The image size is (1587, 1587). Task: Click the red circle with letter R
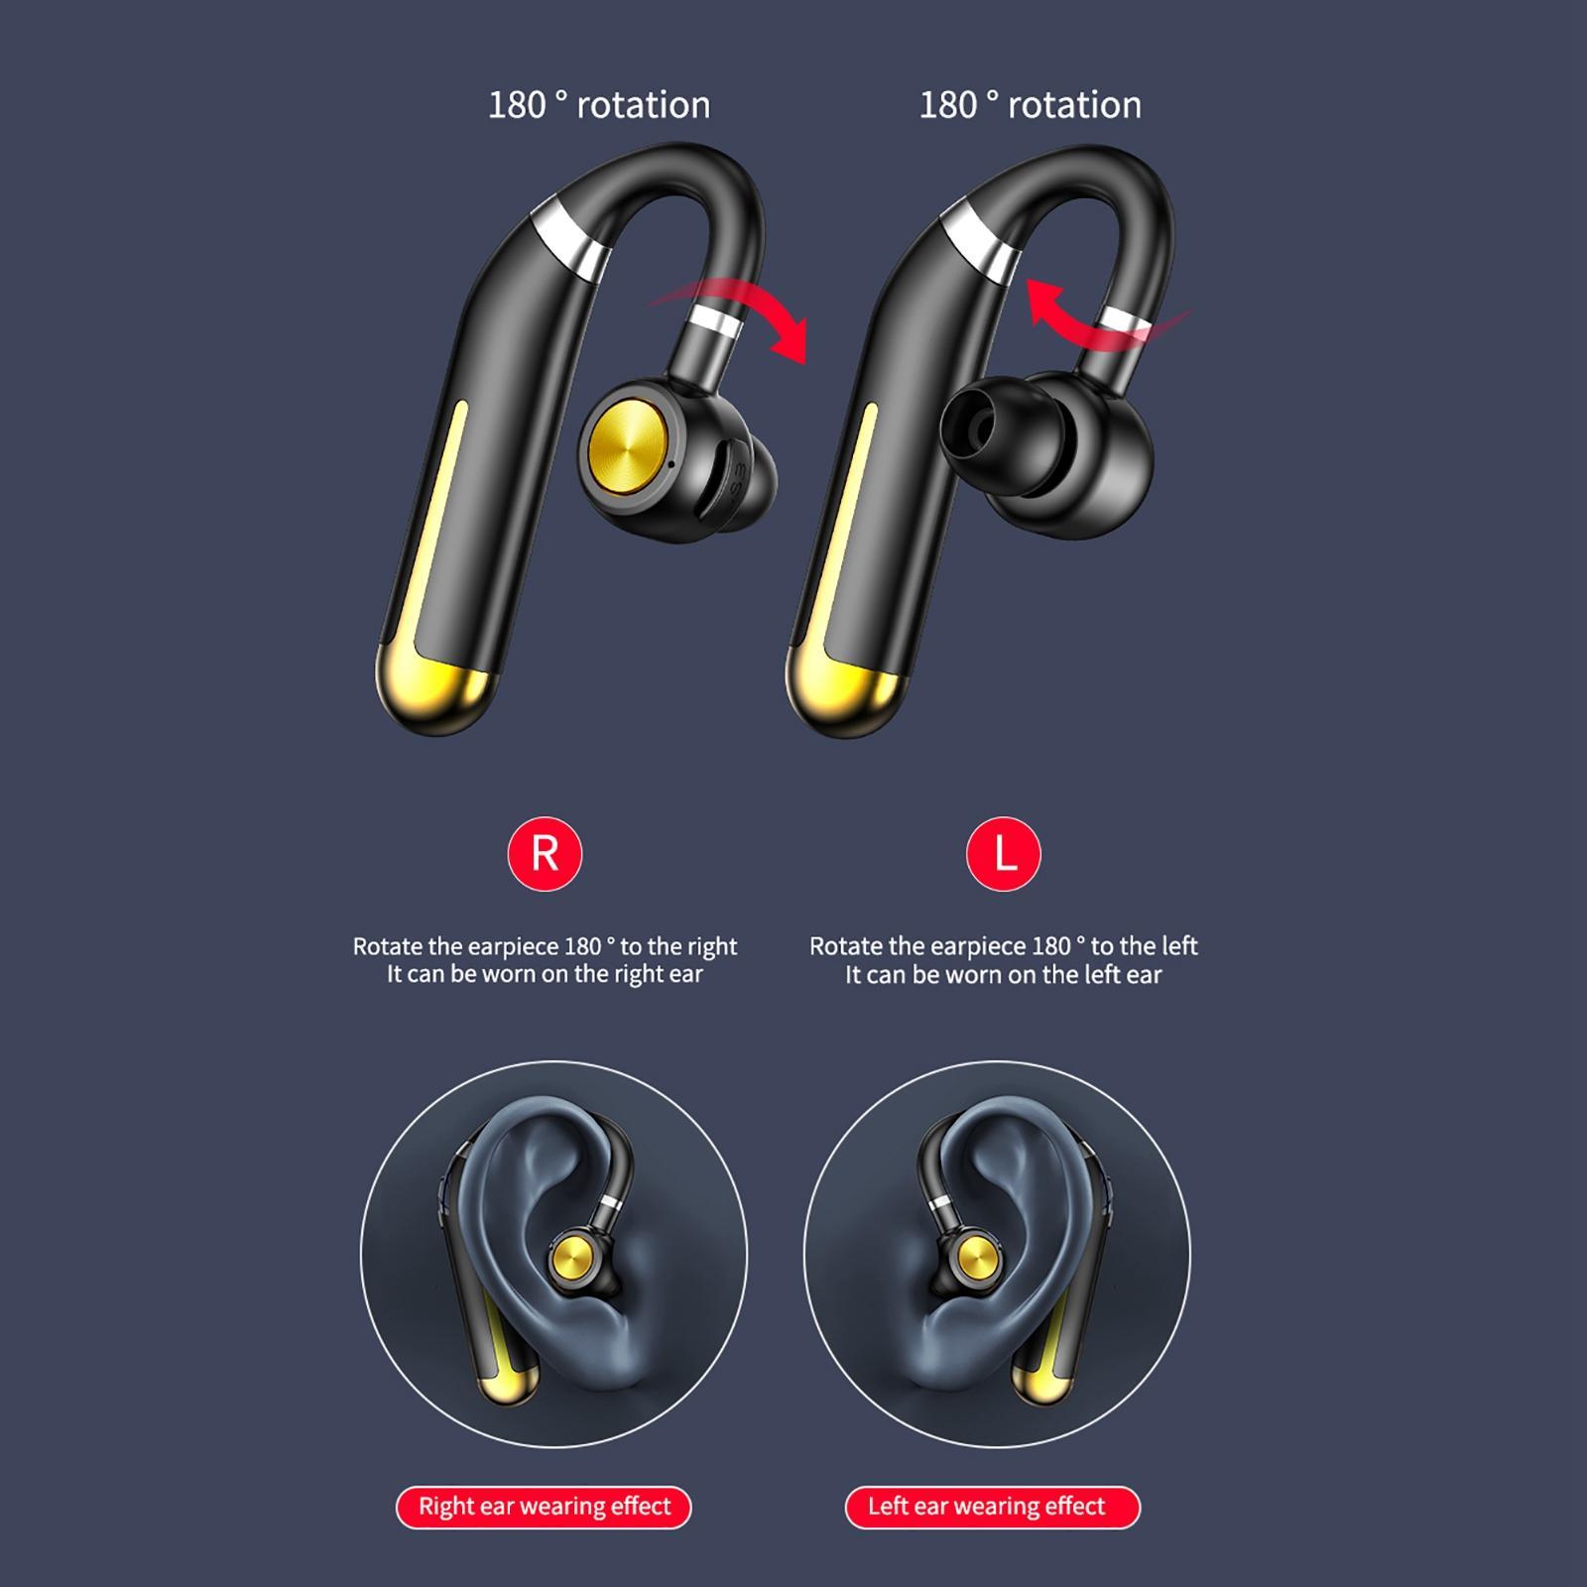(545, 853)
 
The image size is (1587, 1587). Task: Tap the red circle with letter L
(1003, 853)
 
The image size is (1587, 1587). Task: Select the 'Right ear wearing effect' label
(544, 1507)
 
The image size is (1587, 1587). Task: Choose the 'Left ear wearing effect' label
(991, 1507)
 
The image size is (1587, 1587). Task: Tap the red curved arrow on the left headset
(754, 312)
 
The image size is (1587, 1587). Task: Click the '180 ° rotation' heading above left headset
(599, 105)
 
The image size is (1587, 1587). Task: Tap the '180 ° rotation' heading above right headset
(1030, 105)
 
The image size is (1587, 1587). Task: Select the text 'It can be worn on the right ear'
(545, 974)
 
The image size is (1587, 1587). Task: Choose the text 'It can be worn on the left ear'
(1003, 974)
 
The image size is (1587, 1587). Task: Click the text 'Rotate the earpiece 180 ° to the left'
(1003, 946)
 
